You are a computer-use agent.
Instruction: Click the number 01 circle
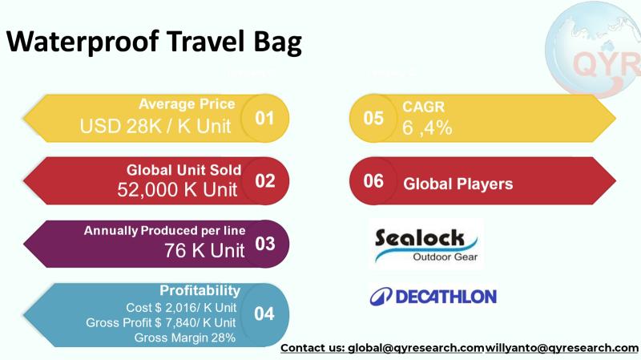click(264, 118)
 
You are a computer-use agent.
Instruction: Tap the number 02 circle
click(264, 180)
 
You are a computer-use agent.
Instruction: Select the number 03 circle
click(264, 243)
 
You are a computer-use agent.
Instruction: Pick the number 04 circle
click(264, 313)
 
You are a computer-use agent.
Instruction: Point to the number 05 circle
click(374, 118)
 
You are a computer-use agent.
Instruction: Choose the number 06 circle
click(374, 181)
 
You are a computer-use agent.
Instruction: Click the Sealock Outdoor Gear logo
click(425, 244)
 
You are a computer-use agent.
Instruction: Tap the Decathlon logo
click(433, 296)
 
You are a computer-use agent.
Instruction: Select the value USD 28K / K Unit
click(155, 126)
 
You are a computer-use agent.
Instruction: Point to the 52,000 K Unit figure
click(177, 189)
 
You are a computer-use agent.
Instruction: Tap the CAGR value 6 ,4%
click(428, 127)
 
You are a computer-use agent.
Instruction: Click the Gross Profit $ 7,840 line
click(160, 322)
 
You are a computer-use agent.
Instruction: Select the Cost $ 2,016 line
click(181, 307)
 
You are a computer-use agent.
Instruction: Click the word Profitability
click(200, 290)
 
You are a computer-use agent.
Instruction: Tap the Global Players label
click(458, 184)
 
